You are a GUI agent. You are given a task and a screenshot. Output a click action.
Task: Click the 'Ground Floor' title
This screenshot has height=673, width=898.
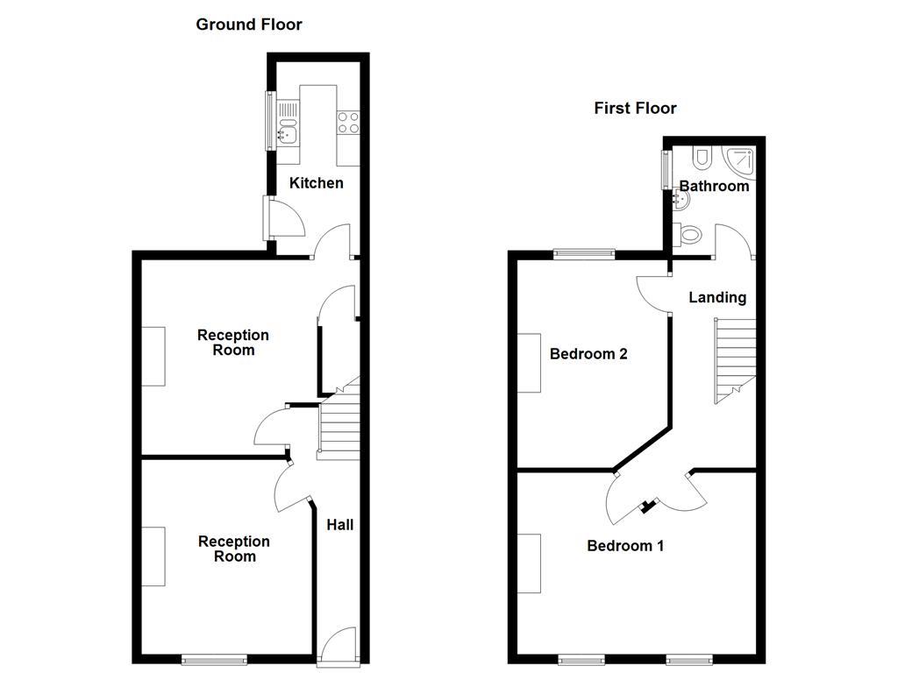coord(248,25)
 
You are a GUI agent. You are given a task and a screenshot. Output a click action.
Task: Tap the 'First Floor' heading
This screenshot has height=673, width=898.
coord(635,109)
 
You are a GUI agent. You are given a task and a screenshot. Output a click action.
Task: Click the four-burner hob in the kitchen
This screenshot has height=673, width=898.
coord(348,122)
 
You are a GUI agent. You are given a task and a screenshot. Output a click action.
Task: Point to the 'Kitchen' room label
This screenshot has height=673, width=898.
coord(317,183)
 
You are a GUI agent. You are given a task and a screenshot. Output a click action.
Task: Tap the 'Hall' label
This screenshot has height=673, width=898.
coord(340,525)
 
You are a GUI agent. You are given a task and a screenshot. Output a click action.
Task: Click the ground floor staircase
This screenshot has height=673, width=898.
coord(339,426)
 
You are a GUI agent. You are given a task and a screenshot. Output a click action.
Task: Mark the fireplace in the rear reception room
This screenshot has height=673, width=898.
coord(153,356)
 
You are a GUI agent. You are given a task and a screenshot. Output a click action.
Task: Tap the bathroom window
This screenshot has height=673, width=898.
coord(666,169)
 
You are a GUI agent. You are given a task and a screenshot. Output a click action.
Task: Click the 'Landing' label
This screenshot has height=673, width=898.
coord(717,297)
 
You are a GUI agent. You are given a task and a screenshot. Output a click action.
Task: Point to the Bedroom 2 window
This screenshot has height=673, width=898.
coord(582,254)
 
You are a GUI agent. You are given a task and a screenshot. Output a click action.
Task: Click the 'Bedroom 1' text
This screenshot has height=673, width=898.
coord(625,546)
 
